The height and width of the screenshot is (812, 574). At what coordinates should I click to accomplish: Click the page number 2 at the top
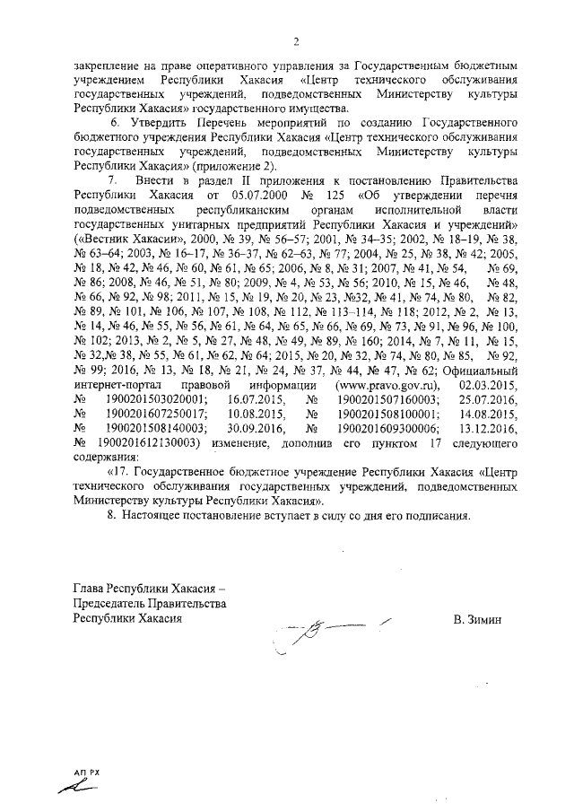click(x=295, y=41)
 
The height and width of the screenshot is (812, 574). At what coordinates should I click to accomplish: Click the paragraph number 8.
click(x=111, y=516)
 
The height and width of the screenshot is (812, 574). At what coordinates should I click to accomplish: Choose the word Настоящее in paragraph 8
click(x=158, y=516)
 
